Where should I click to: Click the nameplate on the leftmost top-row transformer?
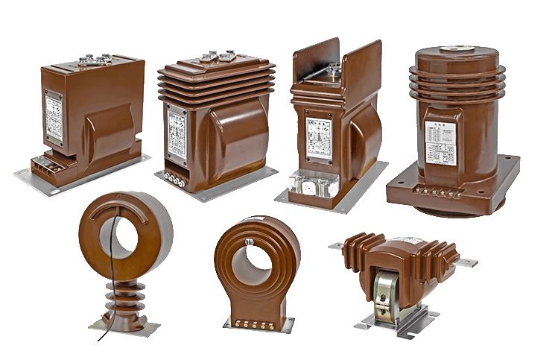point(54,119)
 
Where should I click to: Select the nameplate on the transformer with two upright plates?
point(320,137)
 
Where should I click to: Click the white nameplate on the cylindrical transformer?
point(440,142)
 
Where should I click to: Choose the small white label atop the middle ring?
point(251,221)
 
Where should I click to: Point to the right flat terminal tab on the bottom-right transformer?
point(466,262)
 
